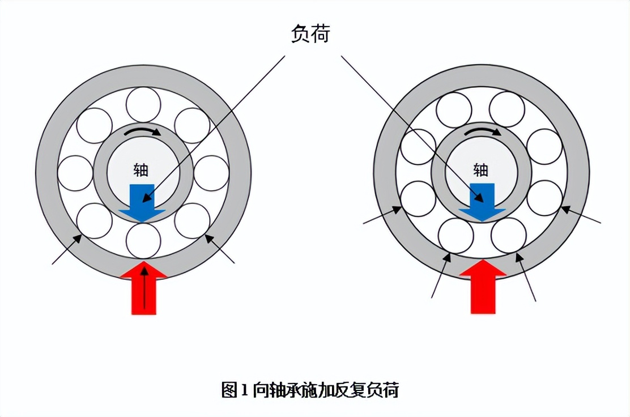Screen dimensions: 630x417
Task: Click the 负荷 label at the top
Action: [x=310, y=33]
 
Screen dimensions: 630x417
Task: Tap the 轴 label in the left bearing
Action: [x=141, y=170]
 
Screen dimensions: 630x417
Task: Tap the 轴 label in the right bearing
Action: [x=480, y=170]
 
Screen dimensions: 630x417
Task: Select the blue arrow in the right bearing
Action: [x=482, y=202]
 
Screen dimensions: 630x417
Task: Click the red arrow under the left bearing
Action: [x=143, y=288]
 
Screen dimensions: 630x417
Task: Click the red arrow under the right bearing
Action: [x=483, y=287]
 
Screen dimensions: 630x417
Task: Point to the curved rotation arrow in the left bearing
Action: [x=142, y=131]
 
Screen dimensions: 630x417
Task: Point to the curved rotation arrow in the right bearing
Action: [x=482, y=132]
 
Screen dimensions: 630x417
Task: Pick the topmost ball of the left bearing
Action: [x=143, y=104]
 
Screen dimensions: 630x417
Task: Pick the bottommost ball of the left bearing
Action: [x=143, y=241]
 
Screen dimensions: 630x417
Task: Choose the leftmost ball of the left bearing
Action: [x=75, y=173]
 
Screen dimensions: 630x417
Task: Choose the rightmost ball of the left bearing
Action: [x=212, y=173]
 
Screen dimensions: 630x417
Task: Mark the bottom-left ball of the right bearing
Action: [x=456, y=236]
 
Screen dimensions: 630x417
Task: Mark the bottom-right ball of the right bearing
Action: [x=509, y=236]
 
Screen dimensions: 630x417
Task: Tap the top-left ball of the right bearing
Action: [x=454, y=110]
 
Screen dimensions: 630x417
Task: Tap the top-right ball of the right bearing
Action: [x=507, y=109]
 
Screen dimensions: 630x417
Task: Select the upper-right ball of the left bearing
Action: [x=192, y=125]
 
